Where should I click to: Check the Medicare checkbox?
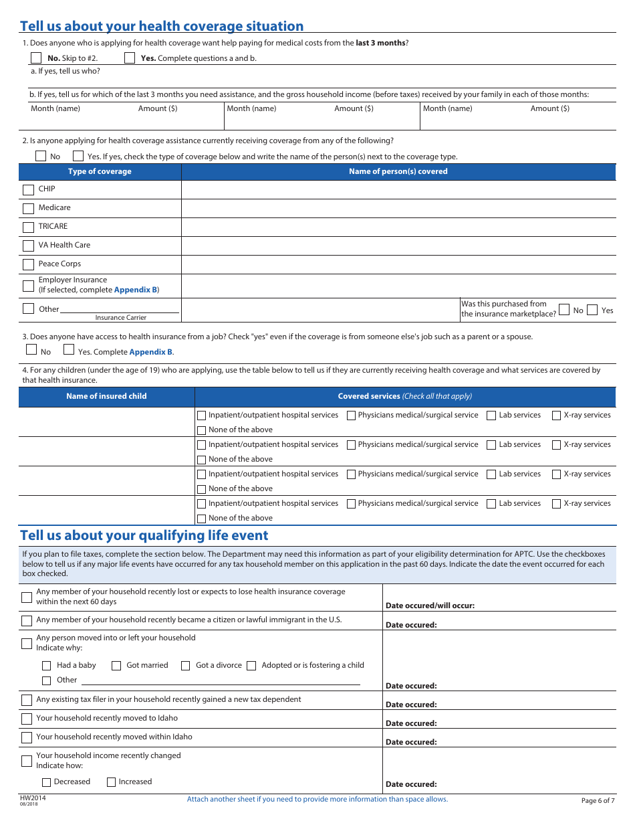(28, 209)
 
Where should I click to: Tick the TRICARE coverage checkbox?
(28, 227)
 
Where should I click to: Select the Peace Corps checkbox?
(28, 265)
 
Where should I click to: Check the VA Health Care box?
(28, 246)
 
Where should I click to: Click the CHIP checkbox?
(28, 190)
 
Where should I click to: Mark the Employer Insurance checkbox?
(28, 286)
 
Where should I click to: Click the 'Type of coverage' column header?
(100, 172)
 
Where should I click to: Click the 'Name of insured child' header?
(106, 397)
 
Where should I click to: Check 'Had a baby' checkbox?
(47, 666)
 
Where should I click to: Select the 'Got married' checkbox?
(116, 666)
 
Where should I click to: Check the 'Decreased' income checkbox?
(47, 782)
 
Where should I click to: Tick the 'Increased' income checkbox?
(112, 782)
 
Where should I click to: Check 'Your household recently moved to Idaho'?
(27, 719)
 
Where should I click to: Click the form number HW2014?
(29, 798)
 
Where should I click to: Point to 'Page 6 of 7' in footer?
(598, 801)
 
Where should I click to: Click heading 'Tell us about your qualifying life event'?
(144, 536)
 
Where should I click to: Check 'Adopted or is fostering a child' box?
(251, 666)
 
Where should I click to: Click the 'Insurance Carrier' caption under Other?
(120, 318)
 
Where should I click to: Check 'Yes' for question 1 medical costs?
(130, 58)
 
